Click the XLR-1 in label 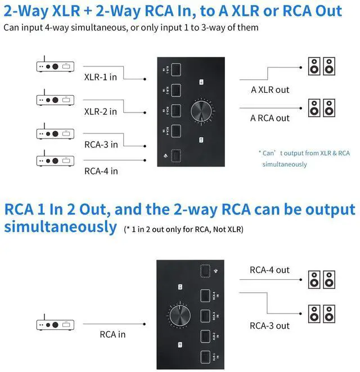point(100,77)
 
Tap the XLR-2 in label point(100,111)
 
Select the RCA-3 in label point(101,144)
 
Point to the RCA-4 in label point(101,171)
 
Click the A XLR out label point(270,89)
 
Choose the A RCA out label point(270,118)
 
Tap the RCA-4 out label point(270,270)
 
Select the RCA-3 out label point(270,325)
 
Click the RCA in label point(112,334)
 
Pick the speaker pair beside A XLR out point(321,66)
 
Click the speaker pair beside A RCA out point(321,107)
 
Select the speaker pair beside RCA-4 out point(321,279)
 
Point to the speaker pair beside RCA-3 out point(321,313)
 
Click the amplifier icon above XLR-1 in point(55,66)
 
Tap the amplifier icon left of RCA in point(55,324)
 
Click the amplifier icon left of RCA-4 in point(55,160)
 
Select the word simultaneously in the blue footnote point(285,164)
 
